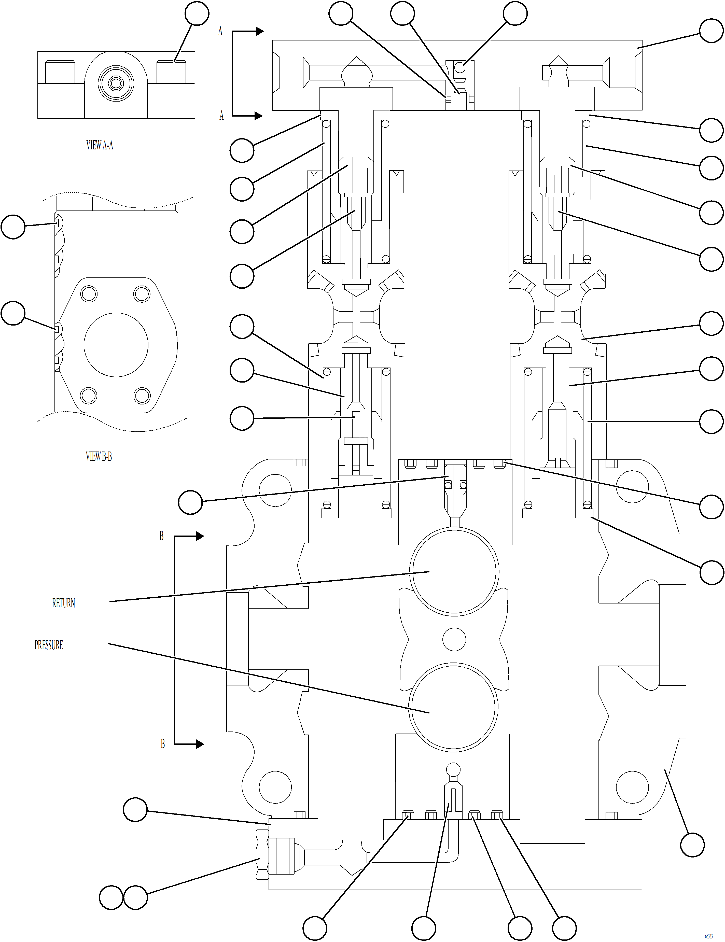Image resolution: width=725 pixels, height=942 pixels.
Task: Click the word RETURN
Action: click(x=63, y=603)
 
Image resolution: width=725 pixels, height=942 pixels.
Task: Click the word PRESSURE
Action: click(x=49, y=645)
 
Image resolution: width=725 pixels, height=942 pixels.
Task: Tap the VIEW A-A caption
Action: click(x=100, y=145)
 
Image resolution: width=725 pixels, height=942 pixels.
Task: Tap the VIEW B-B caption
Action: click(x=99, y=456)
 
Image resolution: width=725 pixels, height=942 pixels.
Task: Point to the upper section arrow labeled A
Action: click(x=248, y=31)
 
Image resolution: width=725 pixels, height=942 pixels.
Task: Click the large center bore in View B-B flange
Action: click(x=116, y=345)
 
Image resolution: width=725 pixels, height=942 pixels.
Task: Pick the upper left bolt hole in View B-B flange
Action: click(x=89, y=294)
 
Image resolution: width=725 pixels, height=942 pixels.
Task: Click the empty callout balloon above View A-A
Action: click(x=197, y=13)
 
